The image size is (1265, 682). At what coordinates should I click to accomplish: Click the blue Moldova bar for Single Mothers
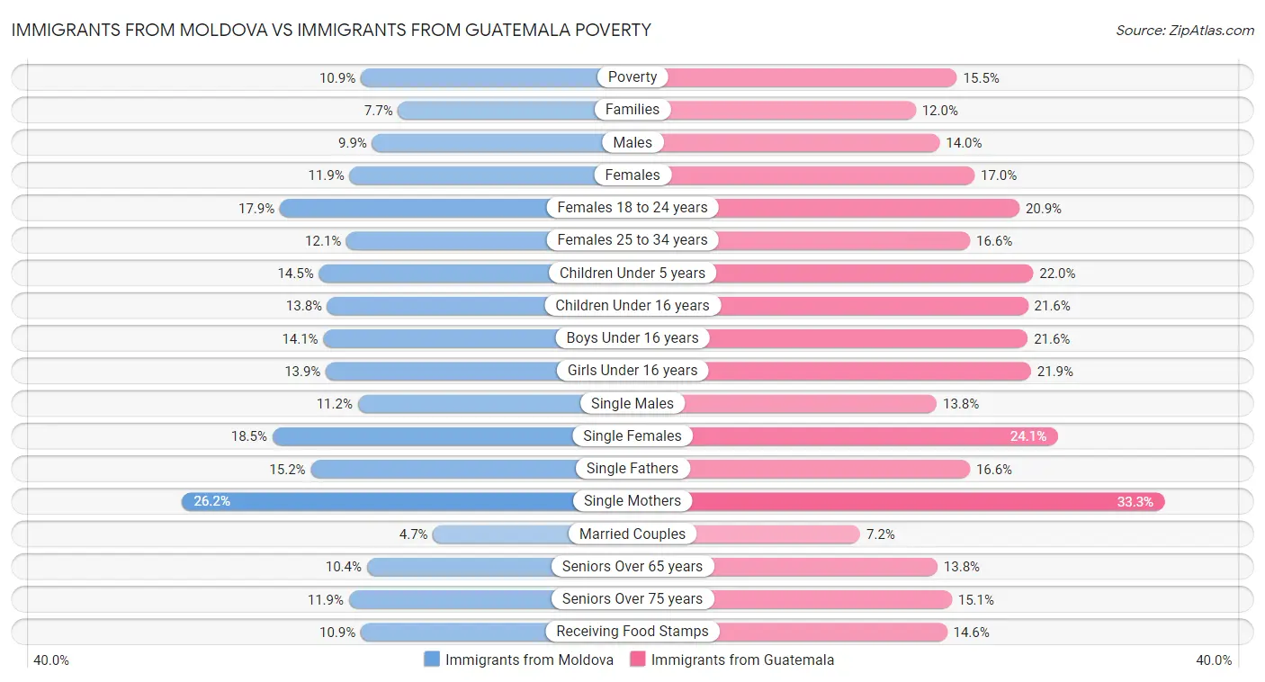tap(378, 501)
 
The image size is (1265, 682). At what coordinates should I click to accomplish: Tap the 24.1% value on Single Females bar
tap(1028, 436)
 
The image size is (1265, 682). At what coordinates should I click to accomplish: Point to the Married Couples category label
tap(632, 534)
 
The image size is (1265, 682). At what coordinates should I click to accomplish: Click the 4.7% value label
tap(413, 534)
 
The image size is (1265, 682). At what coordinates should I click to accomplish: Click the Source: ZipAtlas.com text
tap(1184, 30)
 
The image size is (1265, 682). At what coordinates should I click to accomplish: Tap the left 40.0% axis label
tap(51, 660)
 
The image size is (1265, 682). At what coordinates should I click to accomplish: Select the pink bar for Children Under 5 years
tap(873, 273)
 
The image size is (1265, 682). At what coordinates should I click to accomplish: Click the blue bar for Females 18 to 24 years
tap(414, 208)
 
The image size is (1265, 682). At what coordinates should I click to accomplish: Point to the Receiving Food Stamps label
tap(632, 632)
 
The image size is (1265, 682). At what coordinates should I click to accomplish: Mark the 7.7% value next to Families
tap(379, 111)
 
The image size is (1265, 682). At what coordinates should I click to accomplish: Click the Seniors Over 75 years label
tap(632, 599)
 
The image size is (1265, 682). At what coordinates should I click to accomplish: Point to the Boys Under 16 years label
tap(632, 338)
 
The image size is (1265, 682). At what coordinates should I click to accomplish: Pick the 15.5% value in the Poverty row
tap(981, 78)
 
